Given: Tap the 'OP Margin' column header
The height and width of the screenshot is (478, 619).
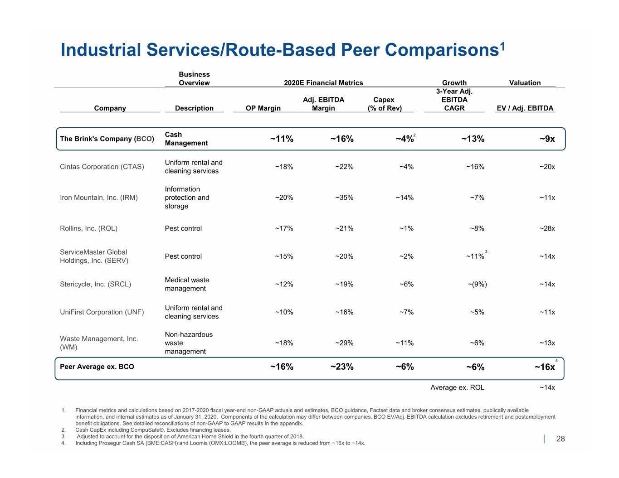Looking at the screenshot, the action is [x=263, y=108].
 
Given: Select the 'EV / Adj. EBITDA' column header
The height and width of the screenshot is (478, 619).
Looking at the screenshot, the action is [x=525, y=108].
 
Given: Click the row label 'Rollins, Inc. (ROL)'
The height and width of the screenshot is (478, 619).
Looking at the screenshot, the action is [x=88, y=228].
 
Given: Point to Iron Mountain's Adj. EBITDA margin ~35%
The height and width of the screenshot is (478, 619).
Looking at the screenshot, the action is [x=344, y=198].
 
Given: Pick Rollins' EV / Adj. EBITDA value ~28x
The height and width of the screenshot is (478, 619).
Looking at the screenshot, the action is [x=547, y=228].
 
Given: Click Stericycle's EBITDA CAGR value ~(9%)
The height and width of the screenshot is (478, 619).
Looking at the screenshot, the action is [x=477, y=284].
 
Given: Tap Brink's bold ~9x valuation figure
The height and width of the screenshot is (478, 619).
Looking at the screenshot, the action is [x=547, y=139].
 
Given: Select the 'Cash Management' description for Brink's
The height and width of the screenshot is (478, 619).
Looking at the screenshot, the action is [x=186, y=139].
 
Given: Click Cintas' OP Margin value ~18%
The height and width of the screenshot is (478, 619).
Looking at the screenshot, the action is [x=284, y=167].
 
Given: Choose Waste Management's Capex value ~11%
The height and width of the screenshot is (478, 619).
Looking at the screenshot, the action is [x=405, y=343].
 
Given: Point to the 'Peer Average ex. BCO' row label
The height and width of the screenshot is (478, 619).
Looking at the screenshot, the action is [x=97, y=367].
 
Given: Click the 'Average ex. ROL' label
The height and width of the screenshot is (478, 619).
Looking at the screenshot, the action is [x=457, y=387].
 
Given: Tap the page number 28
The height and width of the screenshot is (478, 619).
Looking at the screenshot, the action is [x=561, y=439].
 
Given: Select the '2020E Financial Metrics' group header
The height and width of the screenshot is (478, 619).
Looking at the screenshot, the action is [x=323, y=83].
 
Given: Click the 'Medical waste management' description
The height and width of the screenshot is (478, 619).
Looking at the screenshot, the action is [x=187, y=284].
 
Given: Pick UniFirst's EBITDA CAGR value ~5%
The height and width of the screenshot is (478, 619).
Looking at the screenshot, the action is [x=477, y=312].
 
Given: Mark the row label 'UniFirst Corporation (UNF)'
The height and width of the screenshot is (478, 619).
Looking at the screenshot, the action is [x=102, y=312].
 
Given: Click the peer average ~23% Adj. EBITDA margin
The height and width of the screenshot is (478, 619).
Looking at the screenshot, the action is [x=342, y=367].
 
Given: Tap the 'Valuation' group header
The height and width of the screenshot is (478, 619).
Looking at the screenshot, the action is [x=525, y=83].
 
